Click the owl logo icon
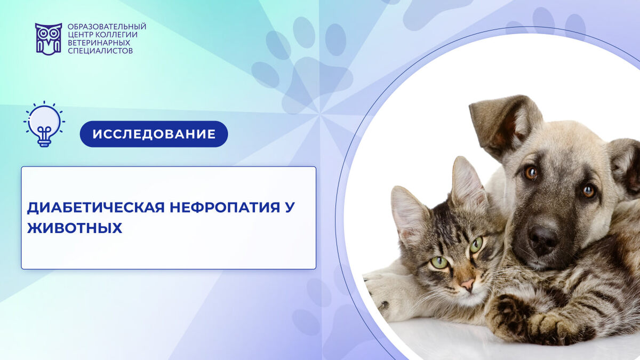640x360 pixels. point(49,39)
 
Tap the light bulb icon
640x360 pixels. point(44,124)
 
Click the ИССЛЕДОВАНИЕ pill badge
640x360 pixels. point(154,134)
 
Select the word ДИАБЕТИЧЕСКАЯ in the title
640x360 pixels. point(95,207)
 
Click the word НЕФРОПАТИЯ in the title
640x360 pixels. point(225,207)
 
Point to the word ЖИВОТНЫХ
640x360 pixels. point(75,228)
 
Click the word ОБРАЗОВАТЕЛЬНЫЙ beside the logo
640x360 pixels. point(107,27)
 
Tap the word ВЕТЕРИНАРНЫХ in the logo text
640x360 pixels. point(99,43)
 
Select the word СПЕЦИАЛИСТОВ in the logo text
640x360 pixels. point(100,51)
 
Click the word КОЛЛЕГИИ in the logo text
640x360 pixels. point(116,35)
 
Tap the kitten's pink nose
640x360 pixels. point(468,284)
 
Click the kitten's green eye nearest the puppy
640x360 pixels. point(476,245)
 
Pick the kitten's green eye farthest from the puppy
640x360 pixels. point(439,262)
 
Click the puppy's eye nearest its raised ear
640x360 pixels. point(531,173)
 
